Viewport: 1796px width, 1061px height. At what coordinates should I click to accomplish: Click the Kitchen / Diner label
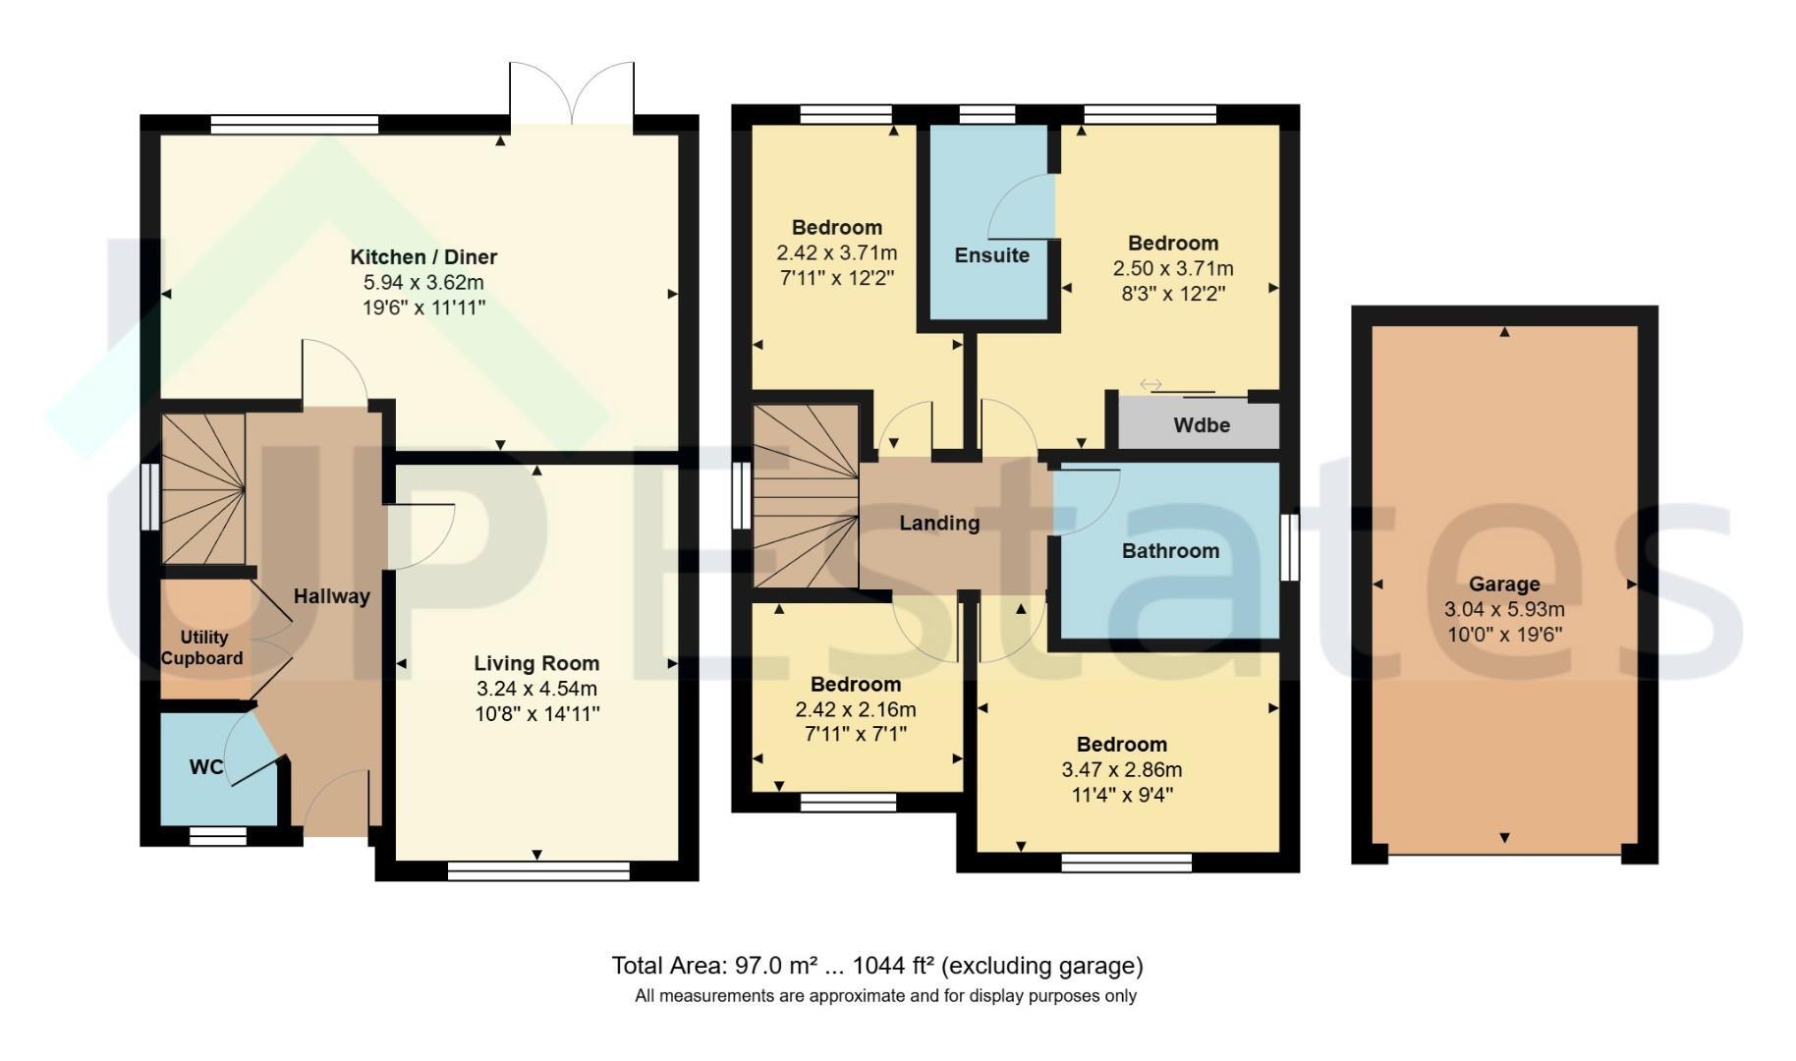(423, 257)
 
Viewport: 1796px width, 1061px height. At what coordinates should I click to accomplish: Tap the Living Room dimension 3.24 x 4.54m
(536, 689)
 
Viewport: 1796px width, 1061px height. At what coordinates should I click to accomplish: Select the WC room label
(206, 767)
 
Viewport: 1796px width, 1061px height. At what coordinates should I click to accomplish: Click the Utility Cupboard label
(202, 648)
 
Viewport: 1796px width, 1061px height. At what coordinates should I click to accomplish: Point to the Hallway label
(332, 596)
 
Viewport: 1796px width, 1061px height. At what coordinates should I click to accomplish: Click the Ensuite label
(992, 255)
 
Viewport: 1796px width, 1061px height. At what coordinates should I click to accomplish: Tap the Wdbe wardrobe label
(1202, 425)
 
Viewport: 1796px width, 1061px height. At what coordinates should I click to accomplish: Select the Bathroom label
(1170, 551)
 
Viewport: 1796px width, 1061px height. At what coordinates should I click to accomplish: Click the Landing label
(939, 524)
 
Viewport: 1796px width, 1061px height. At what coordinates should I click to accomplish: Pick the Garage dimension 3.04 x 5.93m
(1504, 610)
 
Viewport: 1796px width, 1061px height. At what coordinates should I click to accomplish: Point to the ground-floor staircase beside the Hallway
(203, 488)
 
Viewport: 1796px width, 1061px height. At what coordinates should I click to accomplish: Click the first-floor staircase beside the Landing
(806, 496)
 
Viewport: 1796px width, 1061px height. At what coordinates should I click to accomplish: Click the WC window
(218, 836)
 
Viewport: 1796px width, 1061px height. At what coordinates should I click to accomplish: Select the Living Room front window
(537, 870)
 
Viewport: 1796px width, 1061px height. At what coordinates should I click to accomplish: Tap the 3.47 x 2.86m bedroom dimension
(1121, 770)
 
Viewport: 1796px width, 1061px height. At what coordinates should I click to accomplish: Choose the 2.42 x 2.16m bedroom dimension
(855, 710)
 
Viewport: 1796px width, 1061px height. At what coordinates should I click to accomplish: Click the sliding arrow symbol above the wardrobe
(1151, 384)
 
